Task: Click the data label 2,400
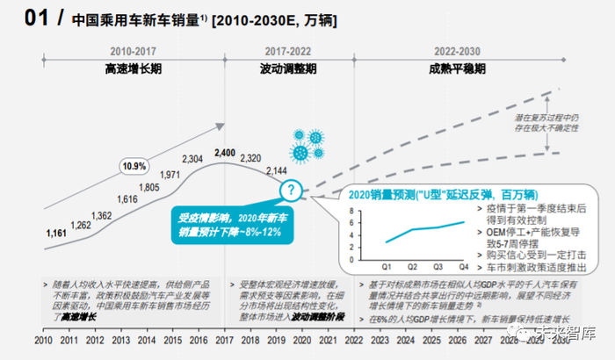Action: (225, 153)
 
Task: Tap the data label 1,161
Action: (57, 234)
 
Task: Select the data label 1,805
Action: (148, 188)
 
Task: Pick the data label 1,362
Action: (101, 216)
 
